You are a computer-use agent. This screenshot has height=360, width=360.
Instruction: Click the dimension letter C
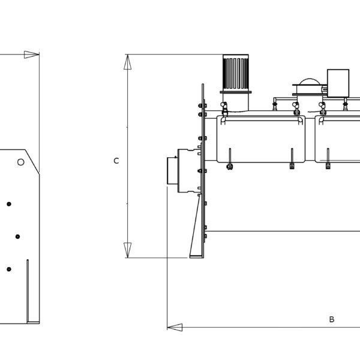coord(116,161)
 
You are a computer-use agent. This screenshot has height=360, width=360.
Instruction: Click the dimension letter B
coord(332,319)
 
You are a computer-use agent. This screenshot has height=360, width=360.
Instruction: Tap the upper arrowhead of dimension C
coord(128,62)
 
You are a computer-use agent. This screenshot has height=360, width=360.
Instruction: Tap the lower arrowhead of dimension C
coord(128,250)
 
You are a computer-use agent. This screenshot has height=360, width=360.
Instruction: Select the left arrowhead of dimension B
coord(175,328)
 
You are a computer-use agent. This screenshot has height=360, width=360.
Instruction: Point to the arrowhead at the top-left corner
coord(32,55)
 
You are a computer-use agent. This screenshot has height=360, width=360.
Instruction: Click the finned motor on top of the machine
coord(236,73)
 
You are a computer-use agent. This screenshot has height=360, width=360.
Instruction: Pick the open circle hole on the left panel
coord(21,162)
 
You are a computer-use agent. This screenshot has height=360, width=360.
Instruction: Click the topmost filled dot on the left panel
coord(9,204)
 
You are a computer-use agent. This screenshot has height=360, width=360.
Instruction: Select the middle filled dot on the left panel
coord(17,236)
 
